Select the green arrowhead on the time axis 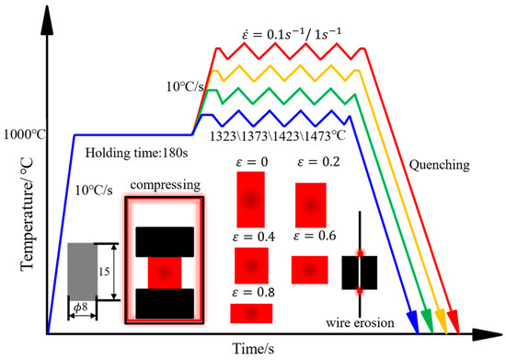tap(426, 320)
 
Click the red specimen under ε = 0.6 tap(307, 269)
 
